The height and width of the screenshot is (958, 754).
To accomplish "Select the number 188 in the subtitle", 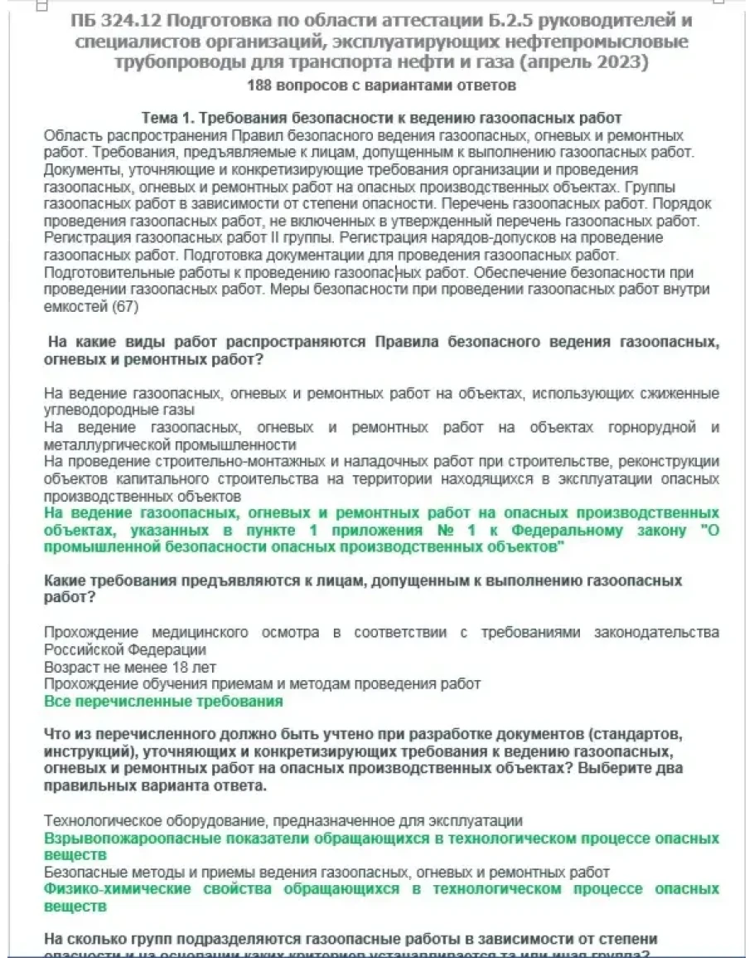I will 259,85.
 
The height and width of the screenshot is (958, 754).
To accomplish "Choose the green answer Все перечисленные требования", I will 163,701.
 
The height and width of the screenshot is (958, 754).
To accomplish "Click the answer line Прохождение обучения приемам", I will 262,683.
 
